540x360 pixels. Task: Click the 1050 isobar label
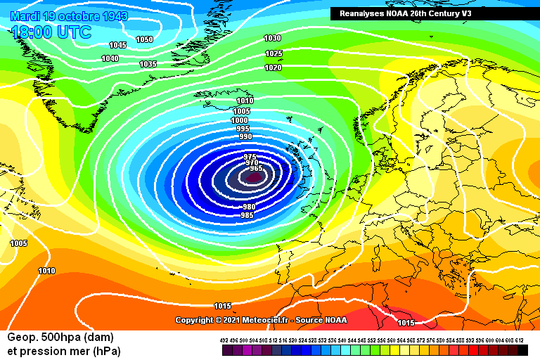144,39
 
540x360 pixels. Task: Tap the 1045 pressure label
117,45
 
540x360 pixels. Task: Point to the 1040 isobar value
110,58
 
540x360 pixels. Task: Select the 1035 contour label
148,64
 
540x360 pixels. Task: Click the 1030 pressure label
273,38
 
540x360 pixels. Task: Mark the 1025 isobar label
274,53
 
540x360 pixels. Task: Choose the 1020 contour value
274,67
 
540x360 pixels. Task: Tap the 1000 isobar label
239,120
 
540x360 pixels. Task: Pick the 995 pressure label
243,129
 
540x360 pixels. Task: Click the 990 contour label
245,136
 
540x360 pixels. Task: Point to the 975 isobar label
250,156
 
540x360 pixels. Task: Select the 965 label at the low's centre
256,168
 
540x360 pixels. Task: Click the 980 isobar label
249,207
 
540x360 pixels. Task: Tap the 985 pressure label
247,215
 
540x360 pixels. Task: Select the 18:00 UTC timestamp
51,32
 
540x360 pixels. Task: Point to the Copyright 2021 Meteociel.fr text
250,320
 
